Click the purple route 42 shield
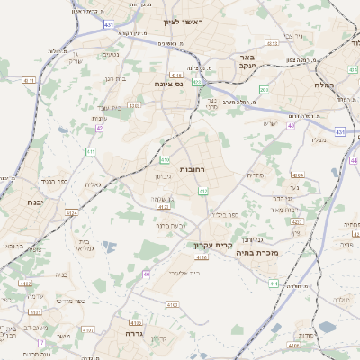click(99, 129)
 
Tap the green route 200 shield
click(264, 90)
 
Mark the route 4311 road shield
click(30, 80)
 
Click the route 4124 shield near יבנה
click(71, 212)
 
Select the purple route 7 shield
click(40, 343)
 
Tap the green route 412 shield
click(203, 191)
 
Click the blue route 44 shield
click(354, 160)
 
